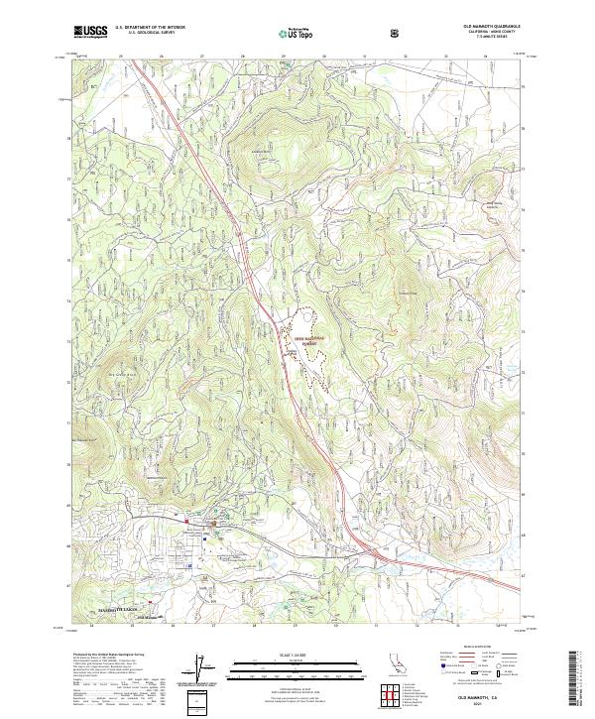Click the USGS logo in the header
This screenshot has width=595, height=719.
coord(90,32)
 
